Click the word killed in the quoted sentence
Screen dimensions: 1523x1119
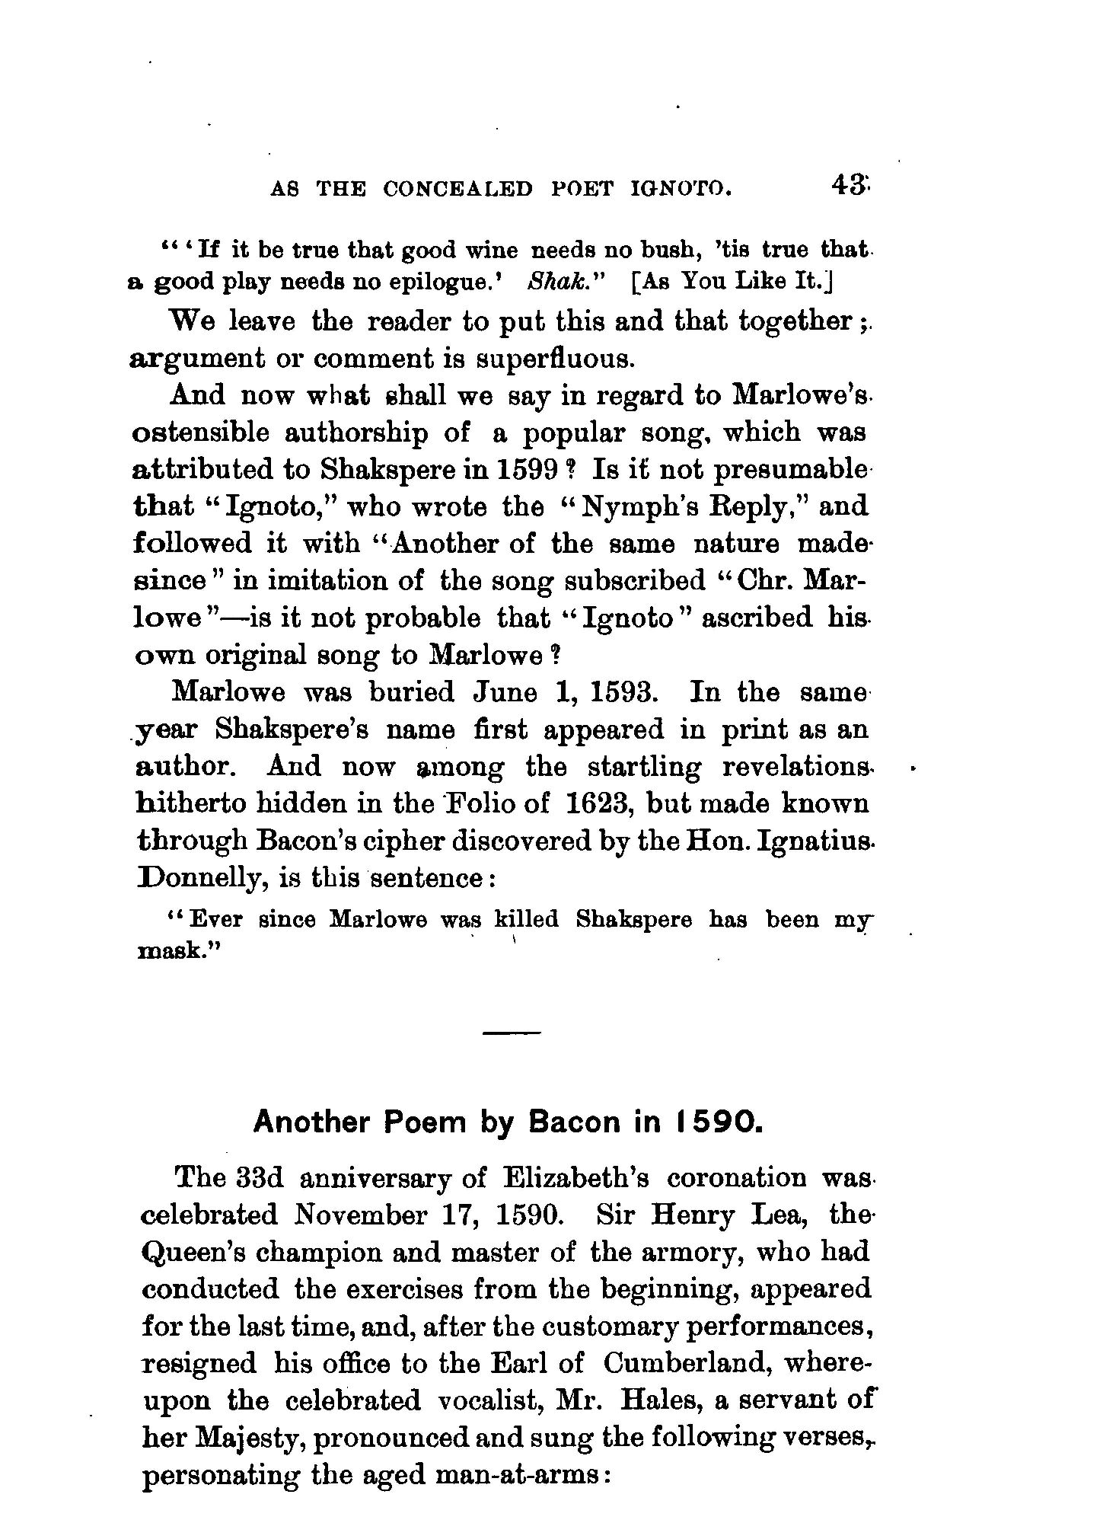tap(526, 920)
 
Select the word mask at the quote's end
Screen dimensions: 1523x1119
tap(173, 951)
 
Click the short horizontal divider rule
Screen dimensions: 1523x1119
tap(511, 1033)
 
